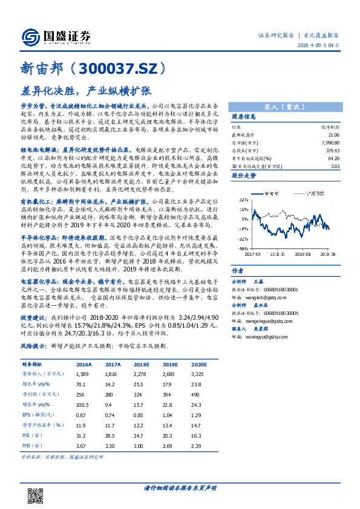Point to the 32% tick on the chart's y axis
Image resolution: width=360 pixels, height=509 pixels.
pos(241,198)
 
